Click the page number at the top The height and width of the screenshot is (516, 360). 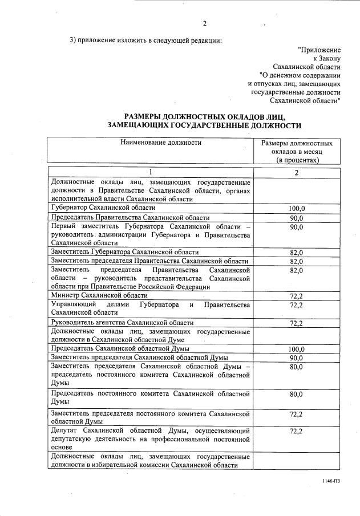(x=204, y=23)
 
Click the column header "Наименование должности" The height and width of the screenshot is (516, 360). (x=161, y=143)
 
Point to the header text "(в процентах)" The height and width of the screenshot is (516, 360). (x=296, y=160)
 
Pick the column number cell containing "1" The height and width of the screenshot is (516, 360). (x=151, y=172)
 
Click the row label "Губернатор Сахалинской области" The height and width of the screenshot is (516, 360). (x=103, y=208)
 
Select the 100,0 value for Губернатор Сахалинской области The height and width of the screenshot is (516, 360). (x=296, y=209)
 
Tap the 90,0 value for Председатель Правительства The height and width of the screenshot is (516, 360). (x=296, y=218)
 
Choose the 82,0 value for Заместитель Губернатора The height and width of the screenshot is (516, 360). (x=296, y=252)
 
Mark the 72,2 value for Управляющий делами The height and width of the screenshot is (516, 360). (x=296, y=305)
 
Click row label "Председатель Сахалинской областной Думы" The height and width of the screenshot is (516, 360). (x=120, y=348)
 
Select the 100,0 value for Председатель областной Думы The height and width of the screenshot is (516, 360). (x=296, y=349)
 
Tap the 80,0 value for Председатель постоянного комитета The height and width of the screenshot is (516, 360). (x=296, y=394)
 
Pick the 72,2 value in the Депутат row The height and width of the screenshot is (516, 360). (x=296, y=431)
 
